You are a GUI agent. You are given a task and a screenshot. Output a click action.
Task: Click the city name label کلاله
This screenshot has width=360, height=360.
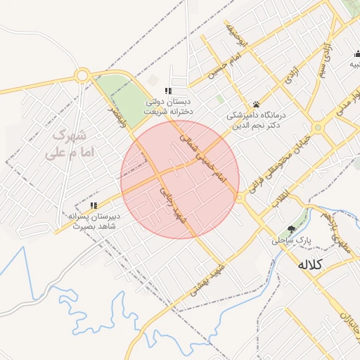(310, 264)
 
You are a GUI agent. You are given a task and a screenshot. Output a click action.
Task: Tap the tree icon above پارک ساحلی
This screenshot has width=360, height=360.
(292, 229)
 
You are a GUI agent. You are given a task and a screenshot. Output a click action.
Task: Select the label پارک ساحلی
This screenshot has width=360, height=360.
(292, 240)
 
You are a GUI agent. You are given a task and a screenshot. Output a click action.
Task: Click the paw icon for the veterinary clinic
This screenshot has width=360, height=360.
(256, 103)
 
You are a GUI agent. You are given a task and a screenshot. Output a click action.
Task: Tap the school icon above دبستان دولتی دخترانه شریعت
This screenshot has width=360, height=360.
(167, 91)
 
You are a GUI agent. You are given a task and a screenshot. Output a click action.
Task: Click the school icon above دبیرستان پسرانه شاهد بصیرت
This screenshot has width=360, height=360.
(94, 205)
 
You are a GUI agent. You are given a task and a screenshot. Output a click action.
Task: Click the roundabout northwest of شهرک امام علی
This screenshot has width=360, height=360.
(82, 75)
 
